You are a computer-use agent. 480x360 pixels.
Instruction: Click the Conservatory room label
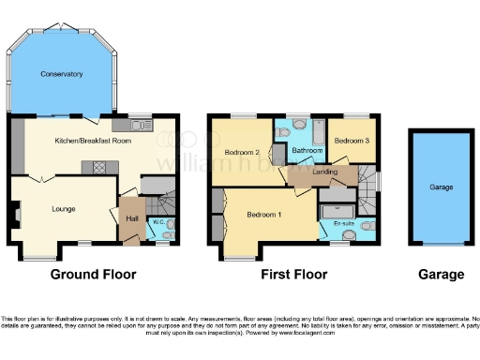coord(62,74)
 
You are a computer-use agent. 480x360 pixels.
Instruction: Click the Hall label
coord(132,218)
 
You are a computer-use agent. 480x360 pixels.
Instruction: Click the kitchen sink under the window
coord(141,124)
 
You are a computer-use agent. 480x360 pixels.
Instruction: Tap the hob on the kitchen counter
coord(97,167)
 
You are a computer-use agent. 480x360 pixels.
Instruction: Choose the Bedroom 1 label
coord(263,215)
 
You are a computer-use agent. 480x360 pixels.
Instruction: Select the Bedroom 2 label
coord(242,152)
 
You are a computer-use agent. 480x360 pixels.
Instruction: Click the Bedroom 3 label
coord(352,141)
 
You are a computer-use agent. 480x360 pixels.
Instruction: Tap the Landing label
coord(324,171)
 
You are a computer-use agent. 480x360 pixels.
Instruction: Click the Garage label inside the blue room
coord(441,187)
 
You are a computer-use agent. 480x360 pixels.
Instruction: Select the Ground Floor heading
coord(93,275)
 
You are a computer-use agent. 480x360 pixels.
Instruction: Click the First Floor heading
coord(293,275)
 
